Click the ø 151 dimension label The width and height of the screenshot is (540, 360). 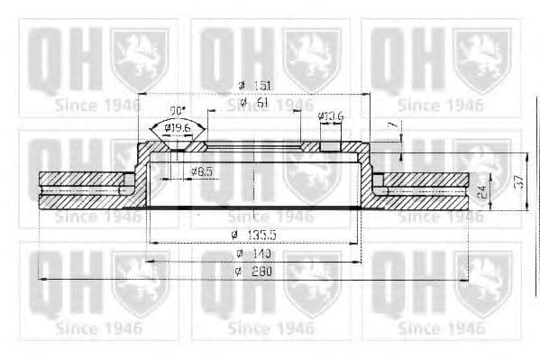254,85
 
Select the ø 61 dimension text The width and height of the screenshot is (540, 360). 255,104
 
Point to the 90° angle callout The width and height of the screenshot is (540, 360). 178,111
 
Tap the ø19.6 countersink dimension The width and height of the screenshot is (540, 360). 178,127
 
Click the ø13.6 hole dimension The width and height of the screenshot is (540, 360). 331,116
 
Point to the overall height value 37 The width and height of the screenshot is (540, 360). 517,181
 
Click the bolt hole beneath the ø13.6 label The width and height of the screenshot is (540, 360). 331,145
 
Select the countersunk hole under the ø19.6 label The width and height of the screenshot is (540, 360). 178,146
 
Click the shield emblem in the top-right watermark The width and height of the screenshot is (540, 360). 482,59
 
